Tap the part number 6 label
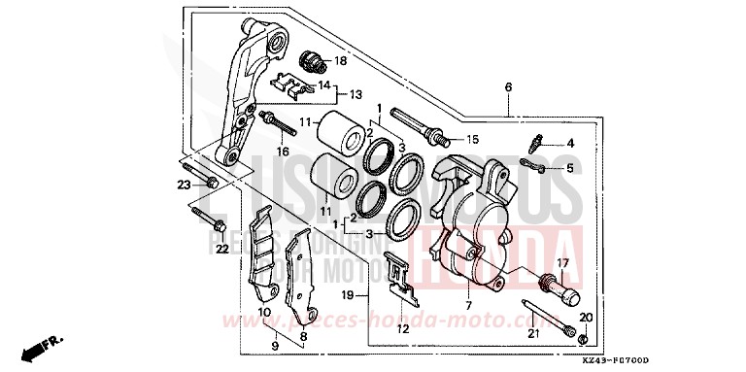point(507,87)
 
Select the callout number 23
point(183,185)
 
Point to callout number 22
point(221,250)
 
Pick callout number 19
point(348,293)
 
